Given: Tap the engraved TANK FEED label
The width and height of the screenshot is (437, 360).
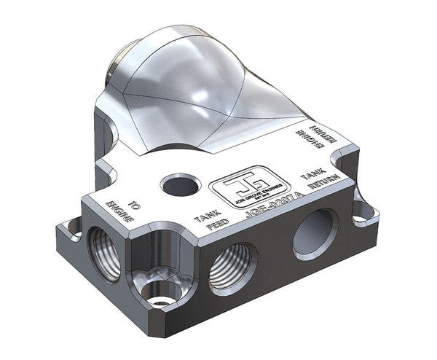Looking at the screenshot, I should (204, 219).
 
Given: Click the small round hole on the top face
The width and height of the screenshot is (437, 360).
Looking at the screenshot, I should (180, 186).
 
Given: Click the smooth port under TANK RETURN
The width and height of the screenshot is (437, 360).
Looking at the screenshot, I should (315, 234).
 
